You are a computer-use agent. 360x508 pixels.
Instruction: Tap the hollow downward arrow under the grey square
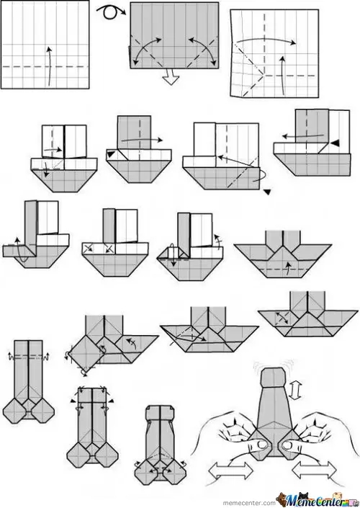pos(170,77)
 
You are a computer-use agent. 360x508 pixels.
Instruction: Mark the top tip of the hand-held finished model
pos(272,369)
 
